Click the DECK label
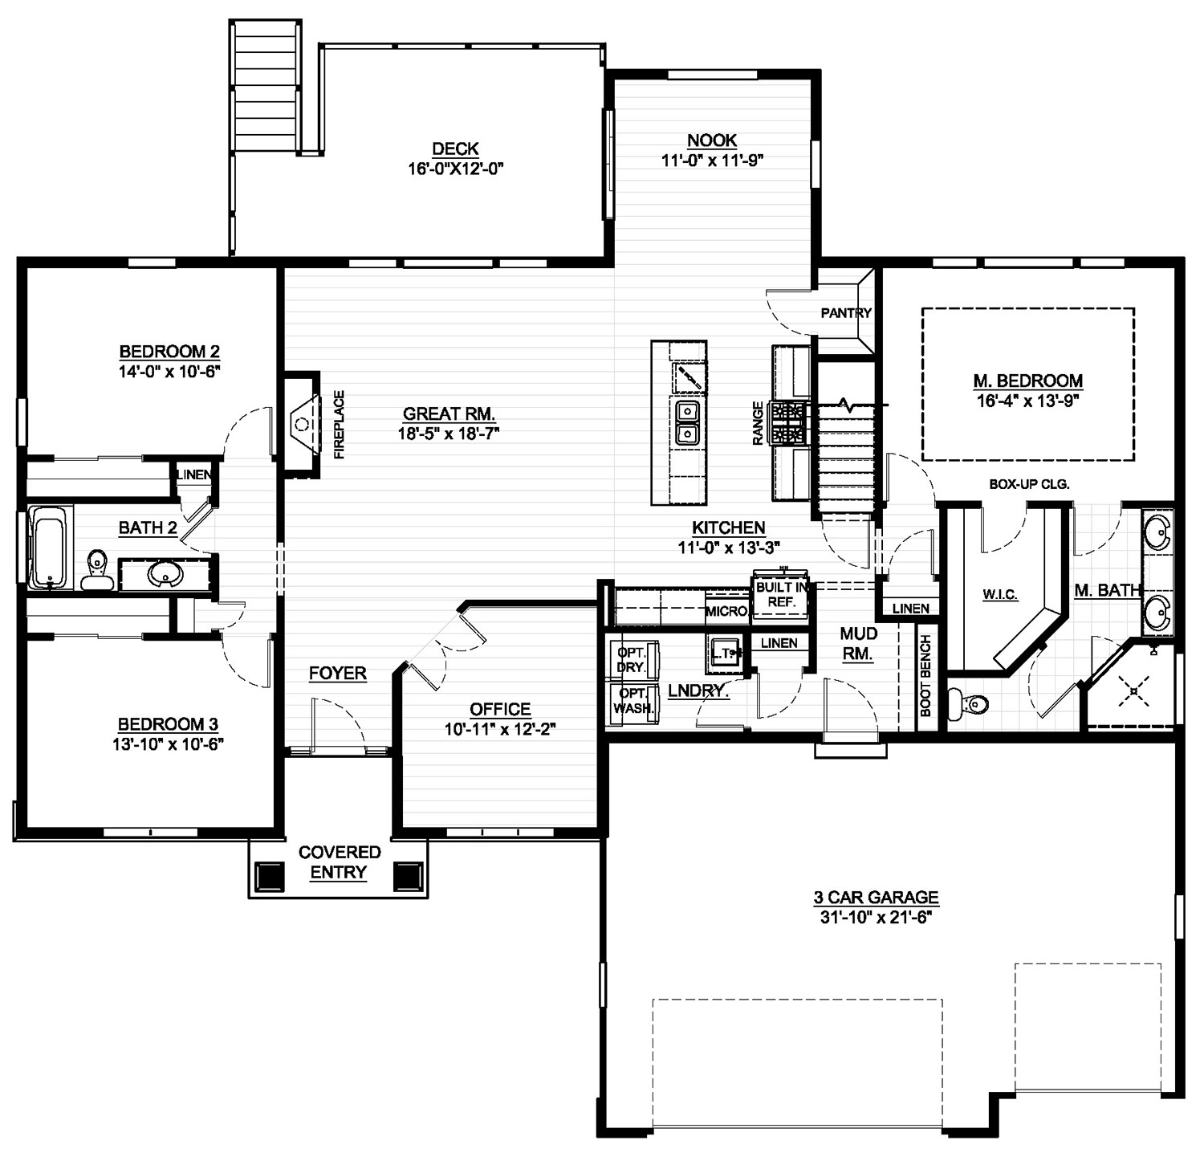tap(455, 149)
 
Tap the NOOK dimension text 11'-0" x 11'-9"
tap(712, 160)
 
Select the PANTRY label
tap(846, 313)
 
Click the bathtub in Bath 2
tap(51, 548)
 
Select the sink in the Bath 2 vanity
tap(166, 573)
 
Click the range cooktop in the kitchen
tap(788, 423)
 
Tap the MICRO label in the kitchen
tap(726, 612)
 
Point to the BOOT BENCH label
tap(925, 676)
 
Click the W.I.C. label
tap(1000, 595)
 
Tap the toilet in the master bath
tap(966, 704)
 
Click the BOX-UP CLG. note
tap(1029, 485)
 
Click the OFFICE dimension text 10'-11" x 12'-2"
tap(500, 730)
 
